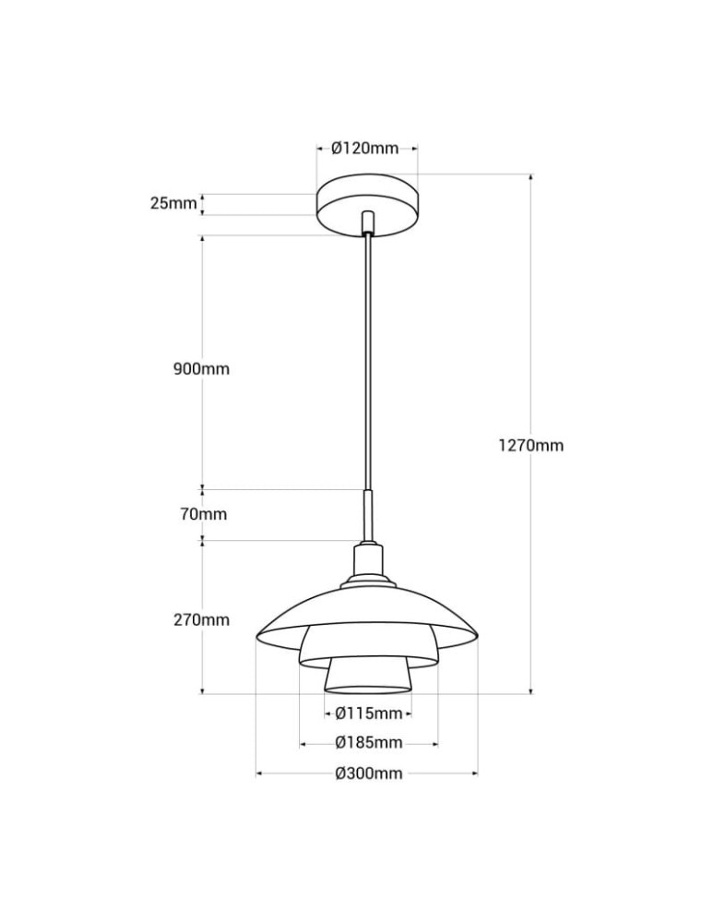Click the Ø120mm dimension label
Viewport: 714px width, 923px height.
pos(365,148)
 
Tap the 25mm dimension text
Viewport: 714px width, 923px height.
pos(173,203)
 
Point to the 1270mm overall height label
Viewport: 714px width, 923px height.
pos(531,445)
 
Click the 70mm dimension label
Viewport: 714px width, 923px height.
pos(204,514)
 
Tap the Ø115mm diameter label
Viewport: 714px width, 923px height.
pos(368,713)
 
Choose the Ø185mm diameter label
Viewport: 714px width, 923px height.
pos(368,742)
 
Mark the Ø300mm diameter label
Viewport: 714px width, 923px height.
pos(368,773)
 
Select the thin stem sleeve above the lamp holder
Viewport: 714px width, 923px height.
pos(368,517)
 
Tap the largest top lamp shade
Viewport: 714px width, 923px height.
pos(368,609)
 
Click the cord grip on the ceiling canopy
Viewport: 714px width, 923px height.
pos(368,222)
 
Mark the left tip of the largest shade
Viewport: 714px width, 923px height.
pos(257,634)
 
